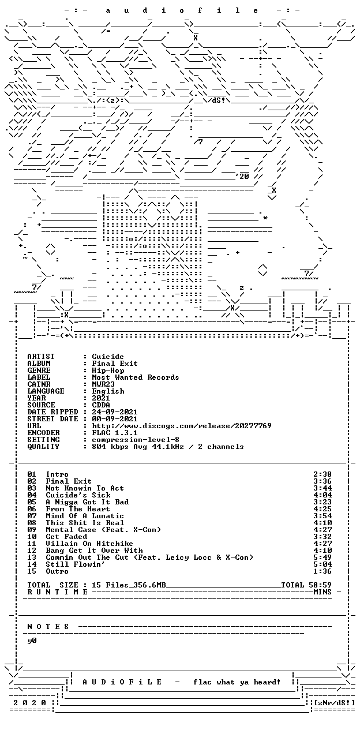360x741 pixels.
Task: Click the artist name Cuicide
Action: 108,357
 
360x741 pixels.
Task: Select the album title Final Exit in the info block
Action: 115,364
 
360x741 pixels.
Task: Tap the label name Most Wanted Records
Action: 136,377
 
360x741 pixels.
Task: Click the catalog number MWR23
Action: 103,384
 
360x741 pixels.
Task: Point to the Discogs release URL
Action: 182,426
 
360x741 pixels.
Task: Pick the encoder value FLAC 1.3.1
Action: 115,433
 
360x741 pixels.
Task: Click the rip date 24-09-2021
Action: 115,412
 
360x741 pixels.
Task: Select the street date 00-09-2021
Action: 115,419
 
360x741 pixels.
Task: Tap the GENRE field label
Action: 39,370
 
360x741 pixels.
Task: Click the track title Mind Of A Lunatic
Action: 85,516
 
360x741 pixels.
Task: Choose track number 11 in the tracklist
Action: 32,544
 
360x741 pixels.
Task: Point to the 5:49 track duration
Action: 322,557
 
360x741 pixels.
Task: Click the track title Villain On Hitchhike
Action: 89,544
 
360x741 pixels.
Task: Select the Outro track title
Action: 57,572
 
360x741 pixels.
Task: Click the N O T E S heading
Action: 48,627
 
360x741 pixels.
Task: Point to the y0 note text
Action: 32,641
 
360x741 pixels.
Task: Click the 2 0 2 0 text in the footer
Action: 30,703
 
